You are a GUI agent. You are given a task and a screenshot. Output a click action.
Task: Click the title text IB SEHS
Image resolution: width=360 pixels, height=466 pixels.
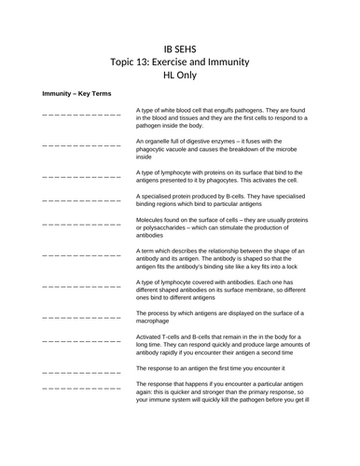pos(180,48)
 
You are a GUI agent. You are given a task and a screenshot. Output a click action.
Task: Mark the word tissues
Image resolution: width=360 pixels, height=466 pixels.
pos(196,118)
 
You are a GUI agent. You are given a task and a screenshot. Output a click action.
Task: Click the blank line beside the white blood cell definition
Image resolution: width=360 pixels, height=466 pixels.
pos(82,115)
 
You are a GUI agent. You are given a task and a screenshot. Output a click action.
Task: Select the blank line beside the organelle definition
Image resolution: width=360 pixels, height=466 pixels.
pos(82,145)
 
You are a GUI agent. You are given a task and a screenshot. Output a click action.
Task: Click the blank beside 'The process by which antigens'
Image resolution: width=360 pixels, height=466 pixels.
pos(82,317)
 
